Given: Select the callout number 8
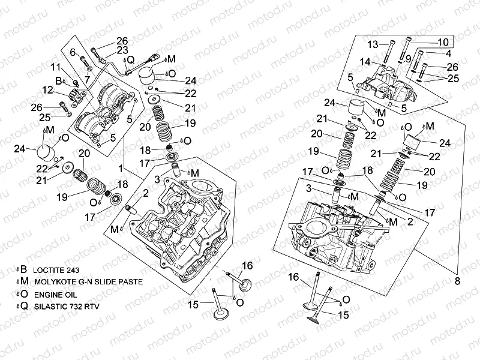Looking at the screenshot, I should (x=458, y=281).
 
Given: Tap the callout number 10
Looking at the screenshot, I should (x=443, y=42).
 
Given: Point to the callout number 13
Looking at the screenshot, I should (x=373, y=44).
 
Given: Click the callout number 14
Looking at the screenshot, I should (x=365, y=61).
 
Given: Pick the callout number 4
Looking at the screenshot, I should (x=448, y=53).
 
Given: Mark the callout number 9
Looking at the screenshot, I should (x=407, y=58).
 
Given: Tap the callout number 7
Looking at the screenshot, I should (x=87, y=78).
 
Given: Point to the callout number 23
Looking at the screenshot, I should (x=122, y=50).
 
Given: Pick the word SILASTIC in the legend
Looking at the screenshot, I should (x=52, y=305).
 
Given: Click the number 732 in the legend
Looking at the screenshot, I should (x=83, y=305).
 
